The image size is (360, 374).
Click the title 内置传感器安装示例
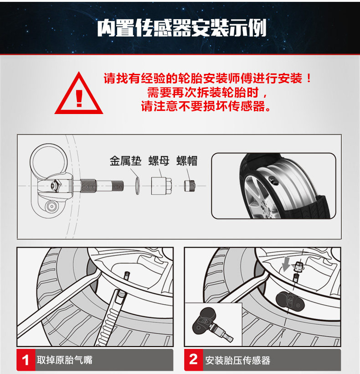[x=181, y=28]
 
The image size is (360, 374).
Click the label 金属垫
[x=125, y=161]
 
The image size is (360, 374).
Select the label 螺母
[x=159, y=161]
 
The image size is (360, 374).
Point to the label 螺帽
[x=187, y=161]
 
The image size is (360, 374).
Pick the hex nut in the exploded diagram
[x=161, y=186]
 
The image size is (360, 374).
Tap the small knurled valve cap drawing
[x=190, y=186]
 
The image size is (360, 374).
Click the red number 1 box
[x=26, y=360]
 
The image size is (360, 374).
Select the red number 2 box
[x=194, y=360]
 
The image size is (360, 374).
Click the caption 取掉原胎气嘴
[x=64, y=360]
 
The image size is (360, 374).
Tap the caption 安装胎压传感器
[x=237, y=360]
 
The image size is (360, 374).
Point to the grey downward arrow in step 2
[x=286, y=264]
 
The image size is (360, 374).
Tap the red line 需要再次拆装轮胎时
[x=207, y=92]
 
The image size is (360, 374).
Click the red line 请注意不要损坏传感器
[x=206, y=106]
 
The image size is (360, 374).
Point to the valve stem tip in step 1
[x=127, y=274]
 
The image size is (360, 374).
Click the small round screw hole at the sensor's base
[x=51, y=206]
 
